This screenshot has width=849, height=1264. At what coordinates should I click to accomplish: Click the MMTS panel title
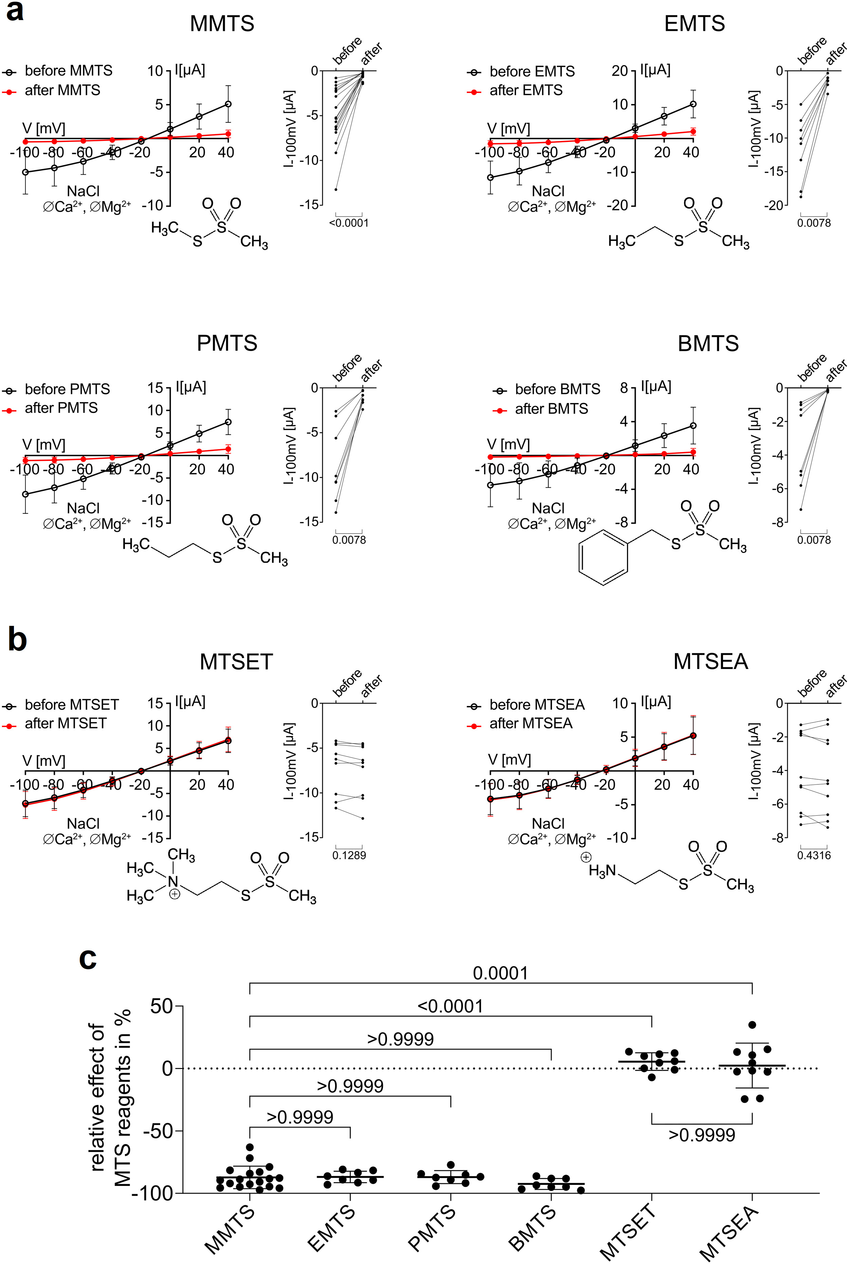222,24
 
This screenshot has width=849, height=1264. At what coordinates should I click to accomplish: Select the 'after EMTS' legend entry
525,90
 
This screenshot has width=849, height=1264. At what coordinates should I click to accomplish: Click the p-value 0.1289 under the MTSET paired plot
349,855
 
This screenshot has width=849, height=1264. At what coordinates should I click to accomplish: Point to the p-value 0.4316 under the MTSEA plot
813,855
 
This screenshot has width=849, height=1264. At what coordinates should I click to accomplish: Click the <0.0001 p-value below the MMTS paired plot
349,222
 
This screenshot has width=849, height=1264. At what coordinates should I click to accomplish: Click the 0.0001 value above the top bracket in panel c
500,973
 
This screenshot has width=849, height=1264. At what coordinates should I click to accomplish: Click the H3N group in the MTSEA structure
602,870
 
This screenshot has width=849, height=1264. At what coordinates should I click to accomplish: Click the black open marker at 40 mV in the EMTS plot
693,104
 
